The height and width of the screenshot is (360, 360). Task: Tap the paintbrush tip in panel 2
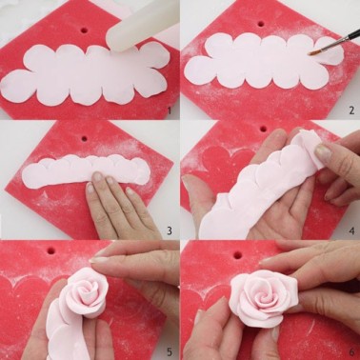pos(315,53)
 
